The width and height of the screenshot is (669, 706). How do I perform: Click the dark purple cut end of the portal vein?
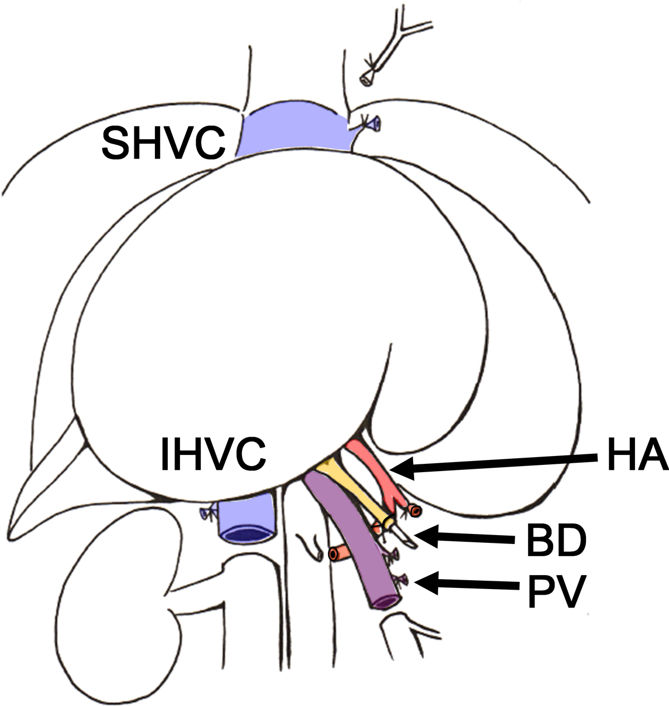(x=387, y=601)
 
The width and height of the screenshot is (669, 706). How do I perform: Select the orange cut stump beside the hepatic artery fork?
(x=413, y=510)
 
